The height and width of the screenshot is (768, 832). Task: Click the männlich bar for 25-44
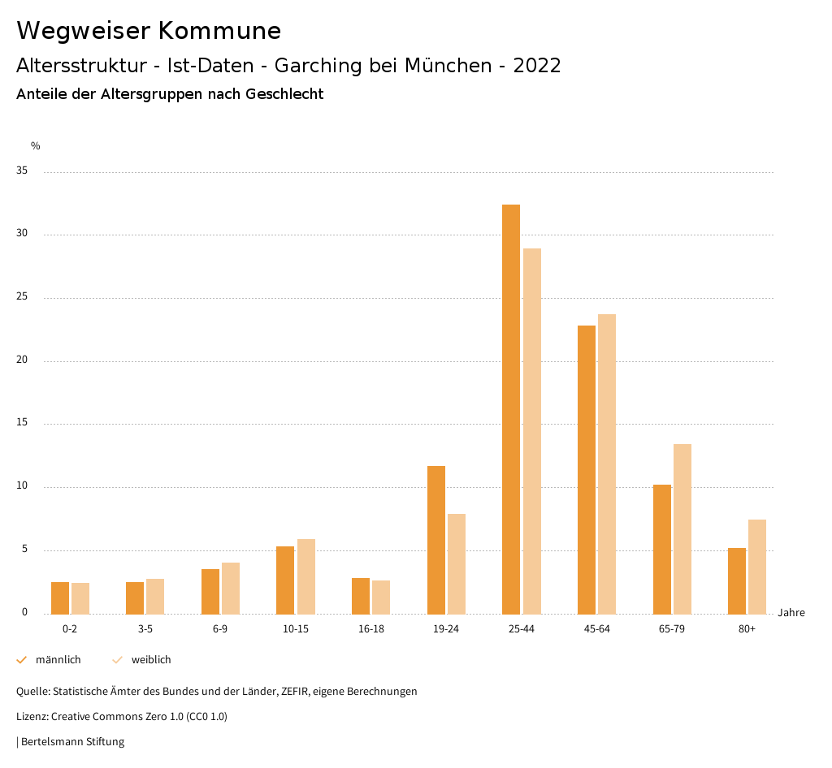pos(511,409)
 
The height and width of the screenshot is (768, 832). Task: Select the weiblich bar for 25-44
pos(532,431)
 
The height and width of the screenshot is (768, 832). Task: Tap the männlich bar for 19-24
pos(436,540)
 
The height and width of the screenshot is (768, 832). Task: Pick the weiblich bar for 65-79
pos(682,529)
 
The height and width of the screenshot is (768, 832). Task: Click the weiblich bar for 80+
pos(757,567)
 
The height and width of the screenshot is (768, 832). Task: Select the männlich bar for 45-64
pos(587,469)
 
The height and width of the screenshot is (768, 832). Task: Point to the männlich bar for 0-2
pos(60,598)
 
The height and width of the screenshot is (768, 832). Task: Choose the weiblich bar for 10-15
pos(306,576)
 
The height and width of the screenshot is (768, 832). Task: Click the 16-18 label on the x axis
pos(370,629)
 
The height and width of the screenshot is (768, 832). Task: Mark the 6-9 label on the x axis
pos(220,629)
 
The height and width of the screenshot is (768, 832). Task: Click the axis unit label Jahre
pos(791,613)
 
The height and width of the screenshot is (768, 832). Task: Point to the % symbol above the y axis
pos(36,146)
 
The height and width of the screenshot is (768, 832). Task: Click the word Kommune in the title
pos(220,31)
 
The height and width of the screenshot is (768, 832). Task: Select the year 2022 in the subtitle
pos(536,66)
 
